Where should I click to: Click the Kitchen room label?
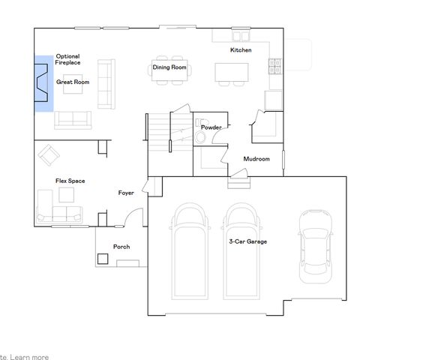240,50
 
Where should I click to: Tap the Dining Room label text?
169,67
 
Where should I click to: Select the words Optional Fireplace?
67,59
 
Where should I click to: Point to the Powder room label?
211,127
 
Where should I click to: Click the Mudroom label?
256,159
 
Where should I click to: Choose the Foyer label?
126,193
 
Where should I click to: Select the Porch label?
121,246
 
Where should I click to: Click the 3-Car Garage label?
247,241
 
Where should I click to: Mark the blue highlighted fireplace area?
43,83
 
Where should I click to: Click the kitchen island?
231,71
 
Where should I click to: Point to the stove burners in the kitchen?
274,67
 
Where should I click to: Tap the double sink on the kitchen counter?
241,35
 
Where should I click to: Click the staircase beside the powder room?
158,132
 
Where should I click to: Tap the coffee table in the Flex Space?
67,195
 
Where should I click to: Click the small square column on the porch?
103,259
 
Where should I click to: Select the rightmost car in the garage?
315,246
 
